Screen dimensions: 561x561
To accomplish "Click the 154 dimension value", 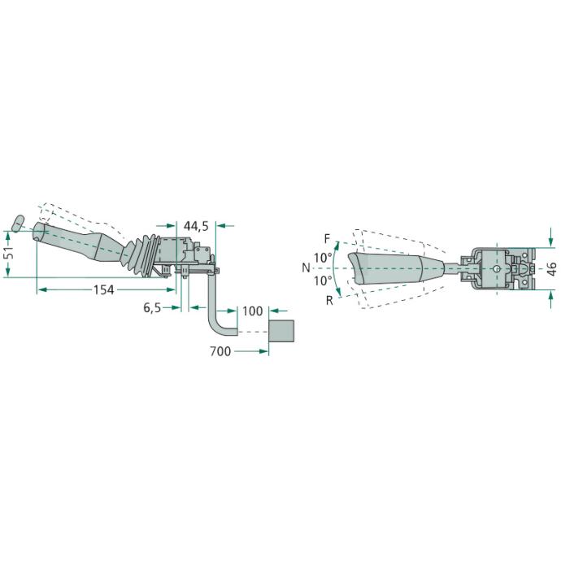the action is click(104, 289).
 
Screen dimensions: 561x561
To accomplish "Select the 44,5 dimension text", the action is click(196, 226).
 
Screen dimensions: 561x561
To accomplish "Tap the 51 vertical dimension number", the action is click(10, 253).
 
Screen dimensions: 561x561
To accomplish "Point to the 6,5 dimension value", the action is click(153, 307).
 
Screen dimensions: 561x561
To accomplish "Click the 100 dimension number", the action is click(253, 311).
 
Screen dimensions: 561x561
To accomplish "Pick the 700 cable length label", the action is click(220, 351).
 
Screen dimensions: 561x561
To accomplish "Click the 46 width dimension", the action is click(552, 268).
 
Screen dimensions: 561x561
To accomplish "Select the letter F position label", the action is click(328, 239).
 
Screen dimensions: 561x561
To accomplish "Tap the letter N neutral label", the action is click(306, 267).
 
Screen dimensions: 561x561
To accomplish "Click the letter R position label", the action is click(329, 301).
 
